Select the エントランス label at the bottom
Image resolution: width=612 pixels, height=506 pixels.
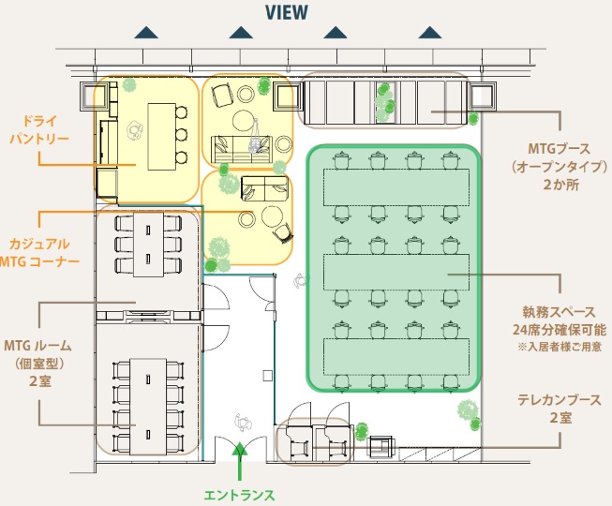[x=239, y=494]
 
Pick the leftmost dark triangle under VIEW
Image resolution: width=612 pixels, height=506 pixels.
[x=146, y=34]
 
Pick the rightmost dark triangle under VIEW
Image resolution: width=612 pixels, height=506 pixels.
[x=430, y=34]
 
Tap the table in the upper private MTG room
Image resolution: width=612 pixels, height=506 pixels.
[x=147, y=245]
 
